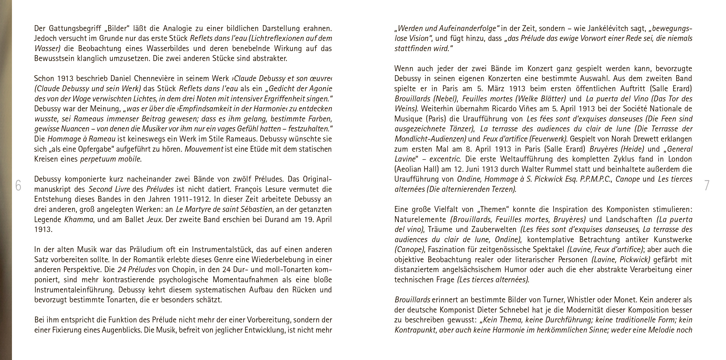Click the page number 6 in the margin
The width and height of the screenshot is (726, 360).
click(x=18, y=185)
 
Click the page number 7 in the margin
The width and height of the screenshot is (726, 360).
click(x=706, y=185)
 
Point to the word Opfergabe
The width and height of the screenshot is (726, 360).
click(x=95, y=149)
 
